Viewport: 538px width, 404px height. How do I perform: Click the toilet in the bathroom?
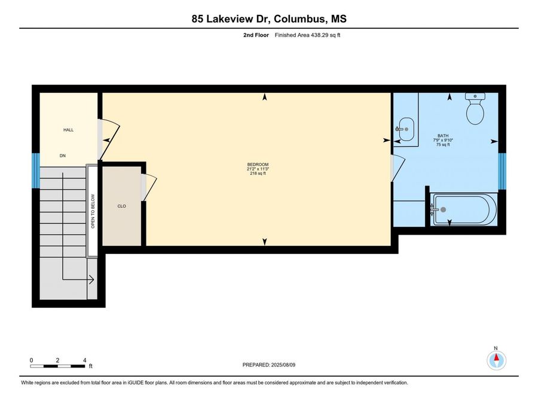coord(475,108)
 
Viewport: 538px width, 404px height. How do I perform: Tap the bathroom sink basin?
coord(406,129)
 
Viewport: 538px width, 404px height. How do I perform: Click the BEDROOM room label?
coord(258,165)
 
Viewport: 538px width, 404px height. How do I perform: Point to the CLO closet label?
coord(122,206)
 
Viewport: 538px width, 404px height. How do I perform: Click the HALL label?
coord(68,130)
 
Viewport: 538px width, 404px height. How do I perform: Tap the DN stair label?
coord(62,156)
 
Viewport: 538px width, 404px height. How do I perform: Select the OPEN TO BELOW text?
coord(93,211)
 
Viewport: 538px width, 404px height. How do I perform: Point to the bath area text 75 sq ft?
coord(443,145)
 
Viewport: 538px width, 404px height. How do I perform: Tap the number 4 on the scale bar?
coord(84,360)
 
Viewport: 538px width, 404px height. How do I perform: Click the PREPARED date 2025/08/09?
coord(283,365)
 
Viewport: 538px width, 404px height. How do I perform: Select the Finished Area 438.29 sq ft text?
coord(307,35)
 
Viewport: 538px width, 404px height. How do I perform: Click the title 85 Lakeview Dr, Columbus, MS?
coord(269,19)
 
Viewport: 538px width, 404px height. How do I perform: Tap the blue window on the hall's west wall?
coord(36,171)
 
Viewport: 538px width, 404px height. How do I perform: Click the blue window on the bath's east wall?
coord(502,171)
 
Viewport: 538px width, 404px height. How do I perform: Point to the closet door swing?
coord(149,188)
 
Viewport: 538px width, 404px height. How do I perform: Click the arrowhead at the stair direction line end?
coord(91,280)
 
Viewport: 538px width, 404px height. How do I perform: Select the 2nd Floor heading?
coord(256,35)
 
